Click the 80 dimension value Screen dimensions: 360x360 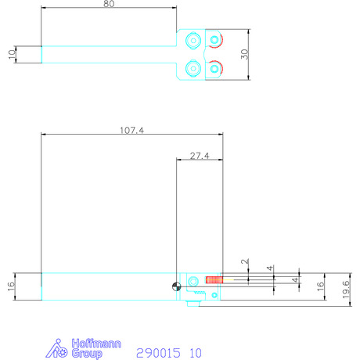tap(109, 4)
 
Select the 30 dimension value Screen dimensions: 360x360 tap(244, 54)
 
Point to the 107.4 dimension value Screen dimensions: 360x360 tap(131, 130)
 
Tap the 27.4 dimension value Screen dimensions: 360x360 tap(200, 156)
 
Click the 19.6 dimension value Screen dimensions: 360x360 tap(346, 290)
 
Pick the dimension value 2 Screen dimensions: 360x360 tap(245, 261)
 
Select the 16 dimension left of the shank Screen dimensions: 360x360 tap(12, 286)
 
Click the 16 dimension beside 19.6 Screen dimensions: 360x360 tap(320, 286)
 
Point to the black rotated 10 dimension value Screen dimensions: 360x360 tap(12, 54)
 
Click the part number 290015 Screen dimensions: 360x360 tap(158, 353)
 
